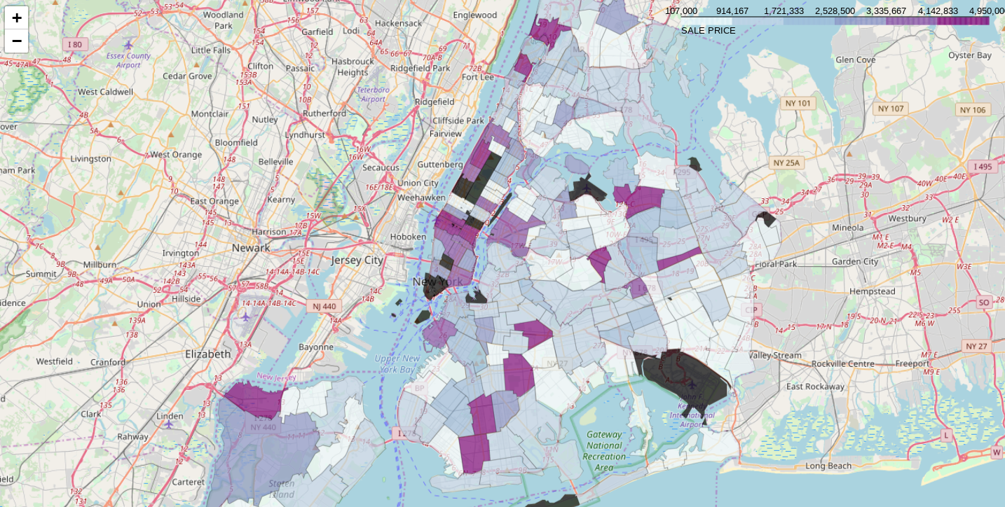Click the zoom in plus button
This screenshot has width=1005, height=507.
click(17, 18)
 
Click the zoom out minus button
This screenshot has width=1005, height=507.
click(17, 41)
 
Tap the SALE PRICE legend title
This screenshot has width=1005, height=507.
click(708, 31)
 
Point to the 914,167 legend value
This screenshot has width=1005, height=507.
click(732, 11)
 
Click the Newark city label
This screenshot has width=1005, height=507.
click(251, 248)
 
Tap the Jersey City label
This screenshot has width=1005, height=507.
click(357, 261)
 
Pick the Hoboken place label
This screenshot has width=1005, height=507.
click(408, 237)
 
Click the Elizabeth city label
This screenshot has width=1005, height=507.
click(207, 354)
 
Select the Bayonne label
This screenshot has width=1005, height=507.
click(316, 347)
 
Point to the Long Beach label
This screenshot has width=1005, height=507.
click(828, 466)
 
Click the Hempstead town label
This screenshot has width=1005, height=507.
click(872, 291)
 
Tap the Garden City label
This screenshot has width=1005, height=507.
click(855, 262)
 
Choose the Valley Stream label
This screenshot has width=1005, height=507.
click(775, 355)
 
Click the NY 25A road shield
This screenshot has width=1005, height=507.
click(786, 163)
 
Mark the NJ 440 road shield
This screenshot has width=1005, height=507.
click(324, 306)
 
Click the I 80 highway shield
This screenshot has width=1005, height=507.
click(75, 45)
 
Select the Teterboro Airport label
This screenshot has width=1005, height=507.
click(373, 95)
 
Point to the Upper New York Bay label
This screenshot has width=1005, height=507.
click(397, 363)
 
